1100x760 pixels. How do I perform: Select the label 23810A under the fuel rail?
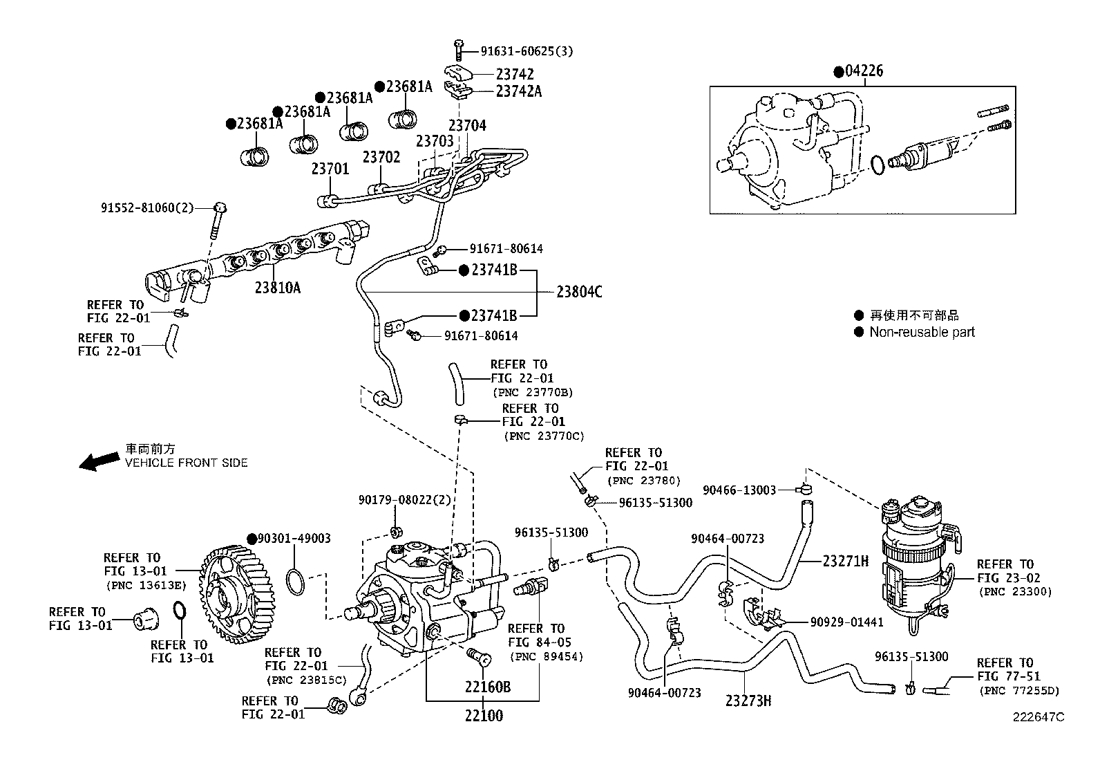point(277,288)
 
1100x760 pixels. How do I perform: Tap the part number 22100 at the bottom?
point(484,716)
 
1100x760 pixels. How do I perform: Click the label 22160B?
point(487,687)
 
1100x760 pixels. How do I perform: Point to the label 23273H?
point(748,701)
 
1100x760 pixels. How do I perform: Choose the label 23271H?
point(845,561)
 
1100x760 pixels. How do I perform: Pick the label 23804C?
point(579,293)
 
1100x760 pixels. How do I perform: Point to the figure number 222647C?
point(1039,717)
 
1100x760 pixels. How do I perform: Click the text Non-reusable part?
point(922,332)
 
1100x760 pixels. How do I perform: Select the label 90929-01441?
point(846,622)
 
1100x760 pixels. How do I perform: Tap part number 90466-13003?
point(739,490)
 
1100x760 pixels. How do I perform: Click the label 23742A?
point(518,91)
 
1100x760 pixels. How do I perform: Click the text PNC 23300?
point(1014,592)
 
